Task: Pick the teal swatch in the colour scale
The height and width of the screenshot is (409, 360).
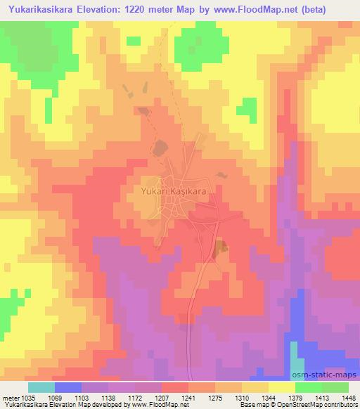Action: pyautogui.click(x=41, y=387)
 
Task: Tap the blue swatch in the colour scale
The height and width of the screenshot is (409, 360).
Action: pyautogui.click(x=67, y=387)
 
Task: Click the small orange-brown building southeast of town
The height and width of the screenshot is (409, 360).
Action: pyautogui.click(x=221, y=246)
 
